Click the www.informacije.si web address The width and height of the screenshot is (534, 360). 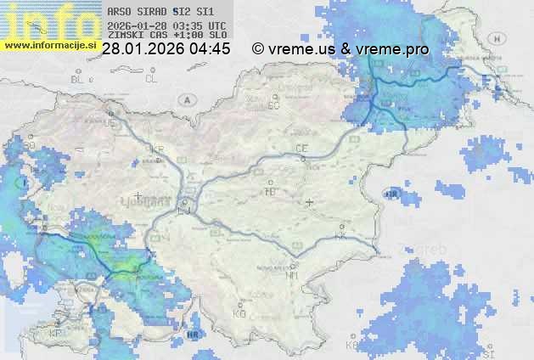[x=49, y=44]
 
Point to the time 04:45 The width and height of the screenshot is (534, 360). [x=211, y=49]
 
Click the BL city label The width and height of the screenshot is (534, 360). [x=78, y=79]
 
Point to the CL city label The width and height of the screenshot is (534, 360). [x=151, y=79]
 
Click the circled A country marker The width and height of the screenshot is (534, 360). [x=185, y=99]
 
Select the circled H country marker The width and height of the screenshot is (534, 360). [x=497, y=39]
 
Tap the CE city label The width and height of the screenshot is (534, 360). [x=301, y=149]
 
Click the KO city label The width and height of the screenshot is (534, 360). [x=239, y=314]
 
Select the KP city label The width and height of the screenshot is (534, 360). [x=56, y=333]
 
